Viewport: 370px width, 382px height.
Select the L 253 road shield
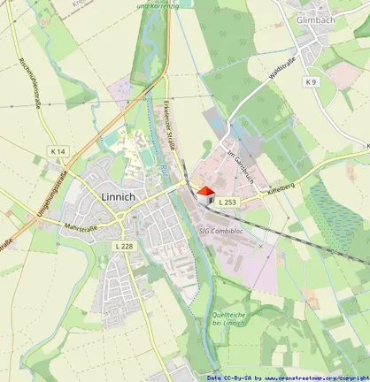pyautogui.click(x=227, y=203)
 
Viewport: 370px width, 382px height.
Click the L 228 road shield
pyautogui.click(x=125, y=245)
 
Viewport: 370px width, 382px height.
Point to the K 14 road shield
pyautogui.click(x=58, y=151)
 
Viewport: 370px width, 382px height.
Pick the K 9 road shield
pyautogui.click(x=310, y=82)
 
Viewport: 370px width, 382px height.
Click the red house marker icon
pyautogui.click(x=204, y=195)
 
